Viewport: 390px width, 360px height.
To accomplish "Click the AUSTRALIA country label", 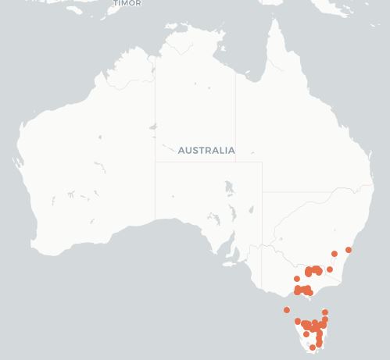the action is coord(206,150).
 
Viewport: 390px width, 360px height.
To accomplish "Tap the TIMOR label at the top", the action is coord(127,3).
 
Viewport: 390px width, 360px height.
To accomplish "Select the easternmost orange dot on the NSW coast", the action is coord(349,250).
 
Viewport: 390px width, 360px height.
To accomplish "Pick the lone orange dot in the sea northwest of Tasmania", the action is coord(287,310).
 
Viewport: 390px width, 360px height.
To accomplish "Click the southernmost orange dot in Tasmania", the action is coord(313,348).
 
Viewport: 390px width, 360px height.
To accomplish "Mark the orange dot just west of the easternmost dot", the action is coord(335,254).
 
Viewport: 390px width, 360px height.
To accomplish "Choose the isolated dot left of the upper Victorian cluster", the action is coord(297,279).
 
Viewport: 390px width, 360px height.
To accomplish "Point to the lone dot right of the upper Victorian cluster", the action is coord(330,269).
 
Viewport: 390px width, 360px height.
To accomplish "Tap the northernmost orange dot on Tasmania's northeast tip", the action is coord(325,312).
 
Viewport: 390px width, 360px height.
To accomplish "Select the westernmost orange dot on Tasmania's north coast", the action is coord(298,321).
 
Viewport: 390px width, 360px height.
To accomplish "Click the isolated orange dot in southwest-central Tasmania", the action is coord(306,334).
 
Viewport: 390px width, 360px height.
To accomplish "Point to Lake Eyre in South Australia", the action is coord(228,188).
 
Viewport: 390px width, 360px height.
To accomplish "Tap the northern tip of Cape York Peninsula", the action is coord(274,22).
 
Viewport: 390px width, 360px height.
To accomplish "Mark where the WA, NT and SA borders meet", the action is coord(155,162).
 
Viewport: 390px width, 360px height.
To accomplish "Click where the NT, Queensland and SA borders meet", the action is coord(236,162).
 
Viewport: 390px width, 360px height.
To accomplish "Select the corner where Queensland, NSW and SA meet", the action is coord(262,192).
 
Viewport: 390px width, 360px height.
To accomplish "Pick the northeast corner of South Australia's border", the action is coord(262,162).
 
